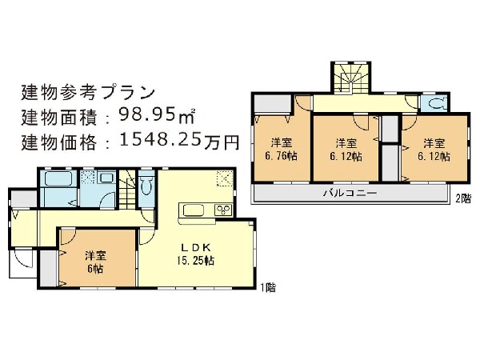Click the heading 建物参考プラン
[x=88, y=93]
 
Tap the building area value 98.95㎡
[x=157, y=115]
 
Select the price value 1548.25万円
[x=179, y=141]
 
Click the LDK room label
[x=196, y=247]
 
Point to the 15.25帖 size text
[x=195, y=261]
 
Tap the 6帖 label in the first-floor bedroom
[x=95, y=269]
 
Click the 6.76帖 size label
[x=281, y=156]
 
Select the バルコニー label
[x=350, y=193]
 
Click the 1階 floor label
[x=268, y=288]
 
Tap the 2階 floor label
[x=463, y=199]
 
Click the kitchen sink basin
[x=194, y=210]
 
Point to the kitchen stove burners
[x=224, y=210]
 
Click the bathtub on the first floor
[x=58, y=178]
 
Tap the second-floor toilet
[x=436, y=103]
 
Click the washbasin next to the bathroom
[x=106, y=178]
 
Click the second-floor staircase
[x=350, y=78]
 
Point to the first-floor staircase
[x=126, y=189]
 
